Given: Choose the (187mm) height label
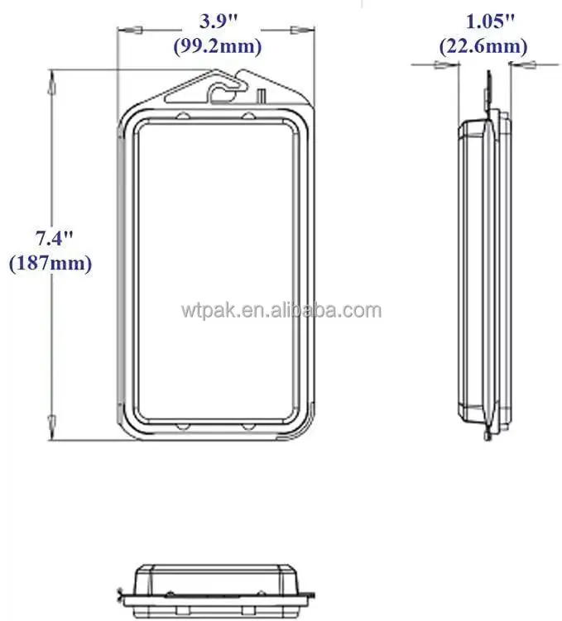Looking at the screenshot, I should pos(50,264).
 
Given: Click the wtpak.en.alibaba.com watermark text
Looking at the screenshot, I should pos(281,312).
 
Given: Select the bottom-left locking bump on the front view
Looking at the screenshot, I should pos(181,426).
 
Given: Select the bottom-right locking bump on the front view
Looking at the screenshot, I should pos(249,426).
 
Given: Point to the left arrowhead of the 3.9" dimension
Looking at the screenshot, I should pos(124,31).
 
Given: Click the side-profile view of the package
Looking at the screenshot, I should pos(484,273).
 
